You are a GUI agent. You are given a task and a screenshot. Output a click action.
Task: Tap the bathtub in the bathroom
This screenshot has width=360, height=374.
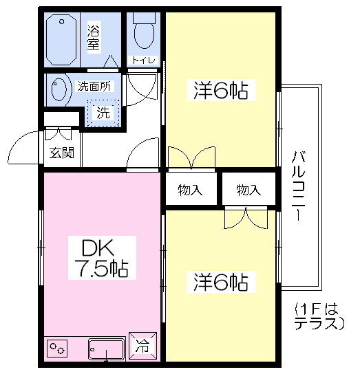64,39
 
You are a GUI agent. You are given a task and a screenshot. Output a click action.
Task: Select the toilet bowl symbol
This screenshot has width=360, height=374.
145,32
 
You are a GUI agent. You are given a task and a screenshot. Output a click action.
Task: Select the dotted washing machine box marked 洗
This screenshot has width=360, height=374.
103,112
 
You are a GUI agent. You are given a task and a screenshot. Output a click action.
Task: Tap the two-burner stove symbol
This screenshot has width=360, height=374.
58,349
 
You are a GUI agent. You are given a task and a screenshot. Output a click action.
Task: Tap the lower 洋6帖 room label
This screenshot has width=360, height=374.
220,283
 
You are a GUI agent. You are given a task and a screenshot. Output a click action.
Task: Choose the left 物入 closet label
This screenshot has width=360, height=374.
189,190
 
